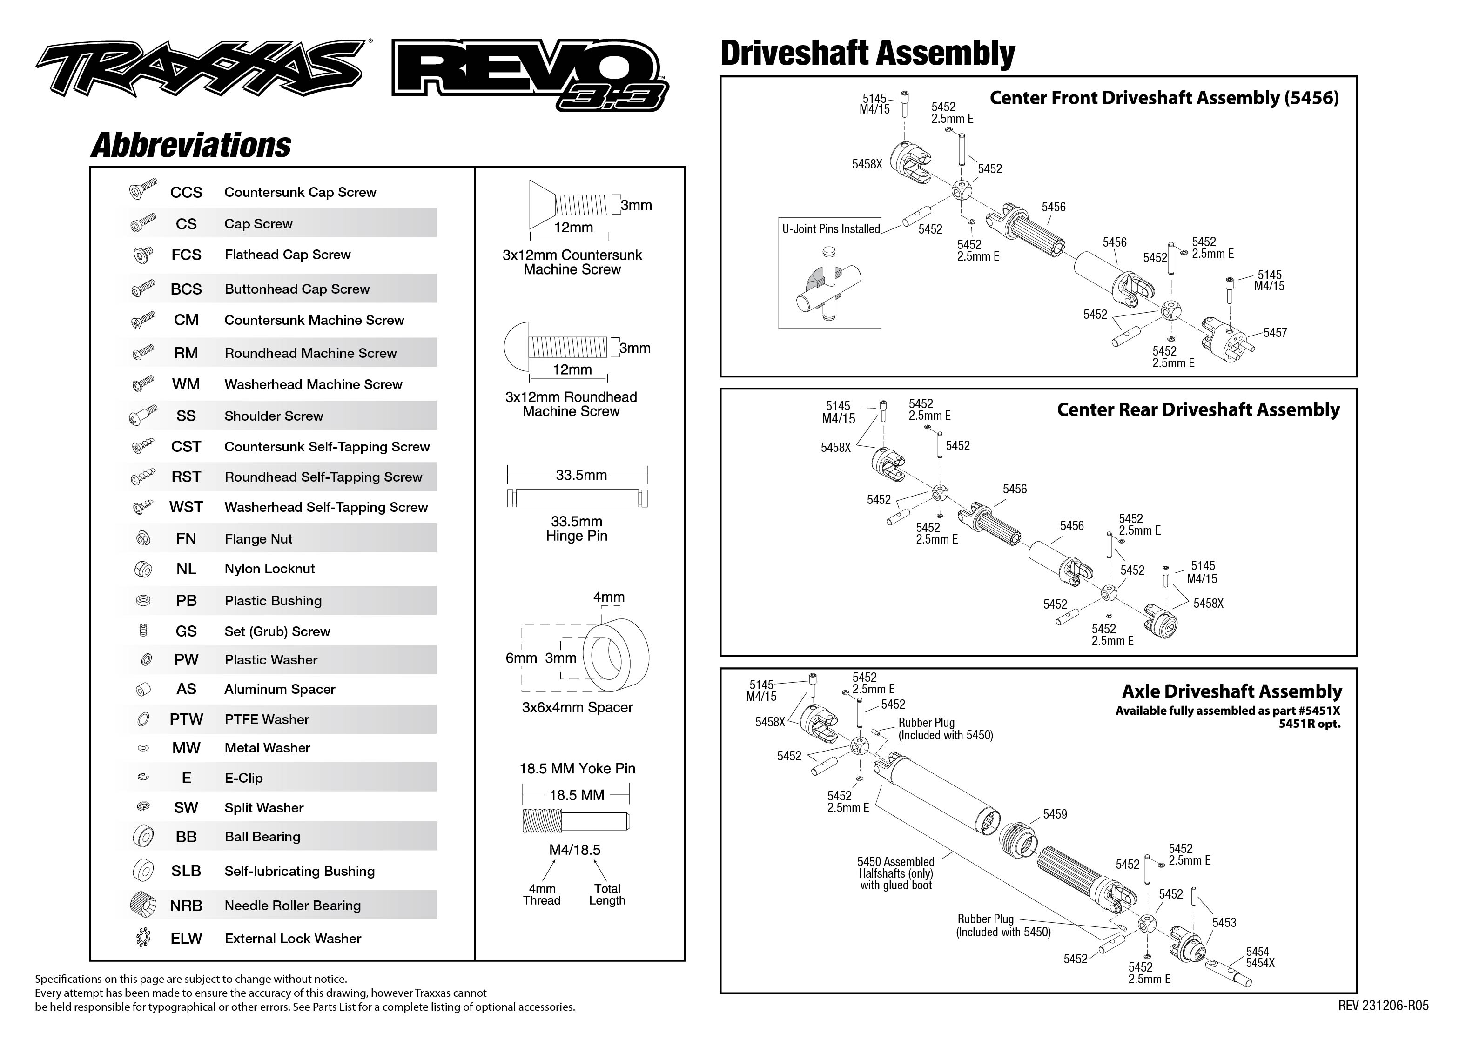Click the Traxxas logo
(x=200, y=67)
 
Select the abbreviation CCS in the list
(x=186, y=192)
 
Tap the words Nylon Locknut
(x=269, y=569)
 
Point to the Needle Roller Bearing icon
(x=143, y=905)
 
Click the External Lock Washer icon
(x=143, y=938)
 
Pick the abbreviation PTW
(x=186, y=719)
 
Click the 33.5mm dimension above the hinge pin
(x=581, y=475)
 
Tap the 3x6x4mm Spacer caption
(x=577, y=707)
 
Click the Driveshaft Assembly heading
(x=867, y=54)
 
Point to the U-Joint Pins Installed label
(x=830, y=229)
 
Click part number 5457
(x=1275, y=333)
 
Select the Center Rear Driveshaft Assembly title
(x=1198, y=410)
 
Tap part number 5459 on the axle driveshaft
(x=1055, y=814)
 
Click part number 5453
(x=1224, y=923)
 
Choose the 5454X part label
(x=1260, y=963)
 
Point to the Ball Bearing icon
(x=143, y=836)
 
